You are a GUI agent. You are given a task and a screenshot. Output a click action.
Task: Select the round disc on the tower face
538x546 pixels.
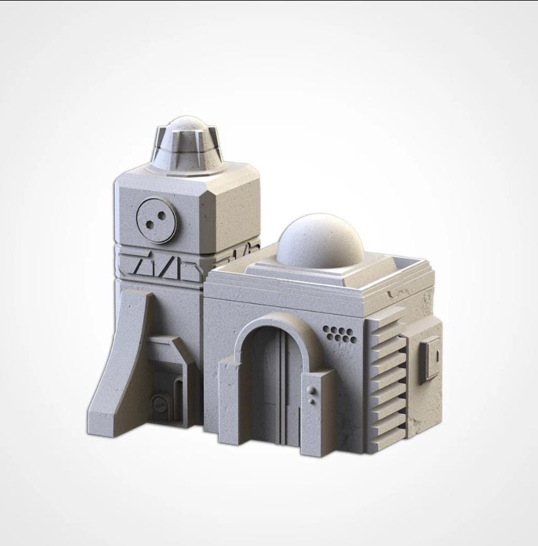(156, 220)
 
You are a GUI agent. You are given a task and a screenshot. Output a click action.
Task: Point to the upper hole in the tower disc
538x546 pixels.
(161, 215)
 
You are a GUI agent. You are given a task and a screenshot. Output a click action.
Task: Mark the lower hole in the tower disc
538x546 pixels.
(151, 225)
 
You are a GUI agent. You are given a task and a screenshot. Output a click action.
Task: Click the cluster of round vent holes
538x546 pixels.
(340, 334)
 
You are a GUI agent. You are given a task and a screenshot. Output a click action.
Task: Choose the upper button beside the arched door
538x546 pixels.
(312, 391)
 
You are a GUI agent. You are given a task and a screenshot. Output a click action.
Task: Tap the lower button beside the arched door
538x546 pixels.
(312, 400)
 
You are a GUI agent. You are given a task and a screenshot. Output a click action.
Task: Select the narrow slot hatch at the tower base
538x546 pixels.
(178, 392)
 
